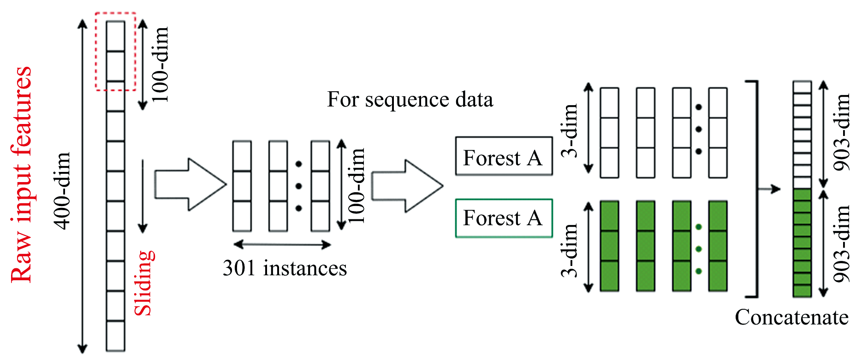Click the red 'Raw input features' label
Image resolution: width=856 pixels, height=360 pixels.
(21, 174)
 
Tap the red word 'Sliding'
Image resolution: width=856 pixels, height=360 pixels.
(144, 283)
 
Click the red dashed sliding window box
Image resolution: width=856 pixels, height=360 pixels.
(115, 52)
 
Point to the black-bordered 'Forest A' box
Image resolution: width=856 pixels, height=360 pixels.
(504, 157)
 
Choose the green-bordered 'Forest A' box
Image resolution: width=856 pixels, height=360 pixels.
(504, 218)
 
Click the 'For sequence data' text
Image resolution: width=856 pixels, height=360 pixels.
(410, 100)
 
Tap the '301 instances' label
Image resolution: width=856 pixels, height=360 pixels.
(285, 268)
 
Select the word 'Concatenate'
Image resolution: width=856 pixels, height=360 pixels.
(791, 317)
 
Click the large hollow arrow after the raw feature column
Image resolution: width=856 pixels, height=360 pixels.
(190, 184)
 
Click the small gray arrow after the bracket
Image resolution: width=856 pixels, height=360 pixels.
(769, 189)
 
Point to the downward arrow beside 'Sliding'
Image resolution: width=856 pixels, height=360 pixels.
(143, 196)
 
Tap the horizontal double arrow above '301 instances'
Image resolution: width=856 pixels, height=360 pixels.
(282, 244)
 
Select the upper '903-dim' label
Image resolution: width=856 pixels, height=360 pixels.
(842, 132)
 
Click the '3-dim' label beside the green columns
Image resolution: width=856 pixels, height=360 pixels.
(570, 250)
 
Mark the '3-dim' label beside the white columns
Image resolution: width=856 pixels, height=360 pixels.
(570, 130)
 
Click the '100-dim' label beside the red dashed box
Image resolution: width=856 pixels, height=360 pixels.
(160, 64)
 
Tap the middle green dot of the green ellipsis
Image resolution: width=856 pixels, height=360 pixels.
(699, 249)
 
